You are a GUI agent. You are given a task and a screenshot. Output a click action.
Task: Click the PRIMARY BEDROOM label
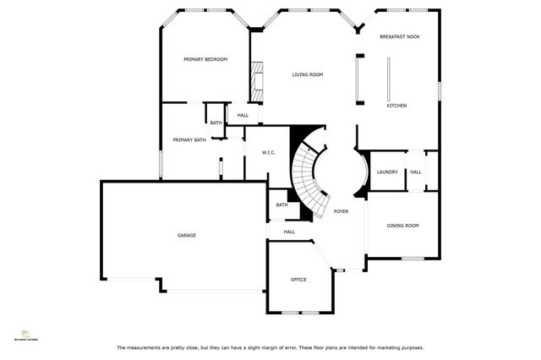coord(206,59)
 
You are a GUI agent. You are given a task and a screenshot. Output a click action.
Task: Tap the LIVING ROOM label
coord(308,74)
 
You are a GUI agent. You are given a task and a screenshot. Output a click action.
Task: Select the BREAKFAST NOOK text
coord(399,37)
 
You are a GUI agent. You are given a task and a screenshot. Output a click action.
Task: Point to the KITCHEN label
coord(397,106)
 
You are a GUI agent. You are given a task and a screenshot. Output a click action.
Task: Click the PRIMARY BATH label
coord(189,139)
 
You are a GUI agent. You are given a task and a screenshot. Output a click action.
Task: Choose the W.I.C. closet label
coord(258,153)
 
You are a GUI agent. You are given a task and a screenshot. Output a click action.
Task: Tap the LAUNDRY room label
coord(387,172)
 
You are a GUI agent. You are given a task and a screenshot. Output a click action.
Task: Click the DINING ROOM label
coord(402,226)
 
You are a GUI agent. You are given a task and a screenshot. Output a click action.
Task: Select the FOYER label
coord(341,211)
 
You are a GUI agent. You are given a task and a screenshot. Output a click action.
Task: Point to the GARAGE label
coord(187,235)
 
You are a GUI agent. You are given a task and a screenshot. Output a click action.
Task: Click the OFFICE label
coord(298,279)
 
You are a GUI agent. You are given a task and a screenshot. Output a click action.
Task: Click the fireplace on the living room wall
coord(255,79)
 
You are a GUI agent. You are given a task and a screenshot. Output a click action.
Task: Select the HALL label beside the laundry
coord(416,172)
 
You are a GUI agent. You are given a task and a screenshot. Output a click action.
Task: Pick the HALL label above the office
coord(289,232)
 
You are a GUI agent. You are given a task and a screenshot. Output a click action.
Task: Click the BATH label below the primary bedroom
coord(216,123)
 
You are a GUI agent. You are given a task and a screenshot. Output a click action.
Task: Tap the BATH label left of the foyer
coord(281,205)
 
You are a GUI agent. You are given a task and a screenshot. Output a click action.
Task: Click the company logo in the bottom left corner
coord(28,335)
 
